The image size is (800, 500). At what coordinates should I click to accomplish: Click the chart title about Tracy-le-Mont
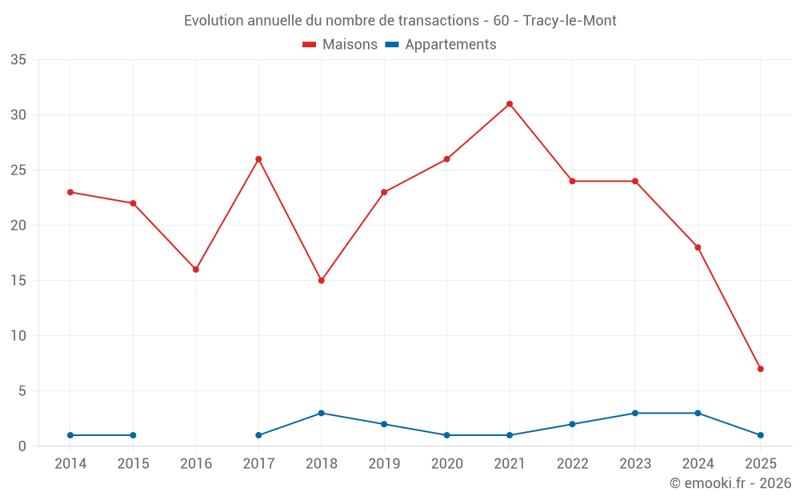400,21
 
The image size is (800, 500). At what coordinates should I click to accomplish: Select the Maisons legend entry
340,45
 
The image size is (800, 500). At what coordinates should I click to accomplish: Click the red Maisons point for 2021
510,104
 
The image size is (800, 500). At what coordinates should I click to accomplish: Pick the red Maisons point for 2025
760,369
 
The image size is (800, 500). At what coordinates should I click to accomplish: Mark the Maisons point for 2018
322,281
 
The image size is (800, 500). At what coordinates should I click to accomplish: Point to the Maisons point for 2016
196,270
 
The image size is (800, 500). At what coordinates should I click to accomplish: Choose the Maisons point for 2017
258,159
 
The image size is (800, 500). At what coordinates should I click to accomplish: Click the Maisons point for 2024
698,247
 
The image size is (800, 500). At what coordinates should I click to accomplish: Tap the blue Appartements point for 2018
322,413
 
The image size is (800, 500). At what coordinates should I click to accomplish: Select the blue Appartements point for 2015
133,435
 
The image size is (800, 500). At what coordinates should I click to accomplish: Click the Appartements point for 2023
635,413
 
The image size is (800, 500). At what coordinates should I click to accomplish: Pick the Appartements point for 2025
760,435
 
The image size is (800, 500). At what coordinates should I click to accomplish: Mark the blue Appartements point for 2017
258,435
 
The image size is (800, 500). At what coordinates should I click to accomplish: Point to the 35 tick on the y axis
18,60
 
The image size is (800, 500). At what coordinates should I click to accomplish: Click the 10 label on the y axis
18,336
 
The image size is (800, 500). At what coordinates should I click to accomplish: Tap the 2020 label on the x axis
446,464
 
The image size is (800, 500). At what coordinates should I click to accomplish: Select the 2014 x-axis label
70,464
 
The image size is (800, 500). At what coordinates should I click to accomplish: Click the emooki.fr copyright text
730,483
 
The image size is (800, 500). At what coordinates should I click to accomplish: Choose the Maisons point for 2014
70,192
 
